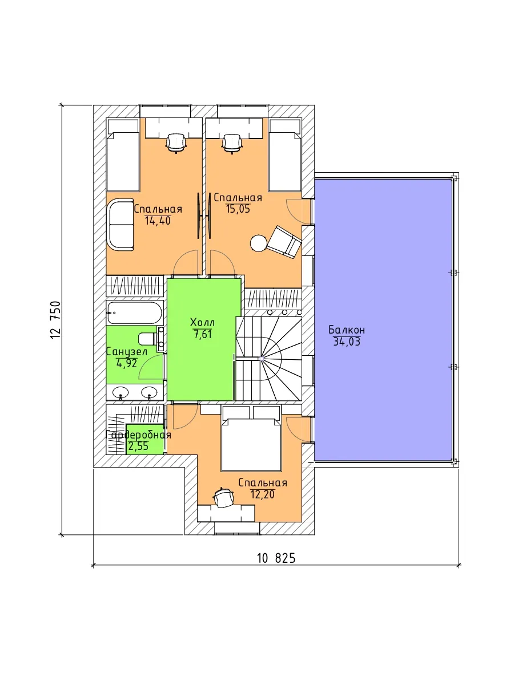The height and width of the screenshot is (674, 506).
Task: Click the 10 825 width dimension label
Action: pyautogui.click(x=276, y=558)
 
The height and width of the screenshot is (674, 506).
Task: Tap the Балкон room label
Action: pyautogui.click(x=347, y=330)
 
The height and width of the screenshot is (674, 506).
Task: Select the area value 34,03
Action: pyautogui.click(x=347, y=342)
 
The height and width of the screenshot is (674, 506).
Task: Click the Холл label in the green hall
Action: pyautogui.click(x=202, y=322)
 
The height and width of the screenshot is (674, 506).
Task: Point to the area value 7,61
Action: pyautogui.click(x=203, y=334)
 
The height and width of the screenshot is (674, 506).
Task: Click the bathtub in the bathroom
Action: pyautogui.click(x=135, y=312)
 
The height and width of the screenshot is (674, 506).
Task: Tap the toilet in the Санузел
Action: pyautogui.click(x=148, y=339)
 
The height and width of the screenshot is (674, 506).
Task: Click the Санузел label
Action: pyautogui.click(x=127, y=352)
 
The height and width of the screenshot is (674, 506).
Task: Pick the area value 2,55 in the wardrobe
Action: pyautogui.click(x=138, y=446)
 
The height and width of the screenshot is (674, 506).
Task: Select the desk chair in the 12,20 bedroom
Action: pyautogui.click(x=223, y=498)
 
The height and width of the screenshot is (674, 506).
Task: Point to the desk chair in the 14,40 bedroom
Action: pyautogui.click(x=176, y=143)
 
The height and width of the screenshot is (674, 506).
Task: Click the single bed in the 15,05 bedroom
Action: pyautogui.click(x=284, y=156)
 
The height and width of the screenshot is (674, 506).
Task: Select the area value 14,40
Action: pyautogui.click(x=158, y=221)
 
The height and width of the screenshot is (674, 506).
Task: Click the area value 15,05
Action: pyautogui.click(x=238, y=209)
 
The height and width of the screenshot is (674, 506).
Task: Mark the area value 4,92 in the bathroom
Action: pyautogui.click(x=127, y=363)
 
